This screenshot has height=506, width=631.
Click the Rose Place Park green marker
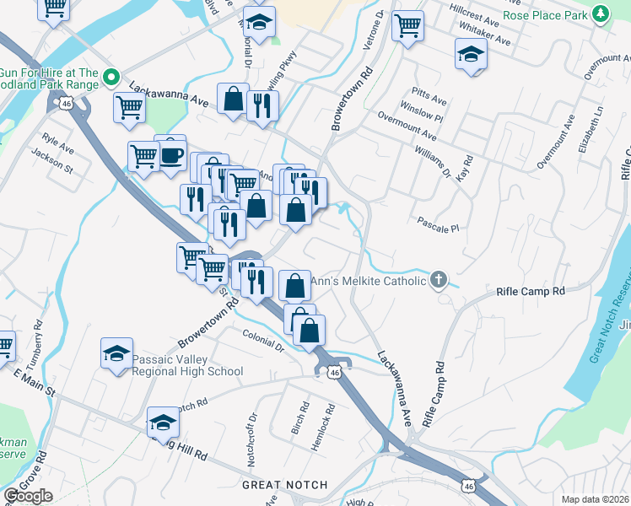(x=600, y=14)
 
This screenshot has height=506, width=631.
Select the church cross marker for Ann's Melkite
(x=437, y=280)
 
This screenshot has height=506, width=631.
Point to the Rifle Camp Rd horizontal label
(x=530, y=292)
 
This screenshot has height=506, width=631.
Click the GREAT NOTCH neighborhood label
(x=284, y=485)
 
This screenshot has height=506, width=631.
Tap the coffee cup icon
(x=171, y=155)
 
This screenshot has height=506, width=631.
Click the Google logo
(x=28, y=496)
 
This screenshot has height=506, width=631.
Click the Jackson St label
(x=52, y=158)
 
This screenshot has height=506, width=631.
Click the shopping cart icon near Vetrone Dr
(x=407, y=26)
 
